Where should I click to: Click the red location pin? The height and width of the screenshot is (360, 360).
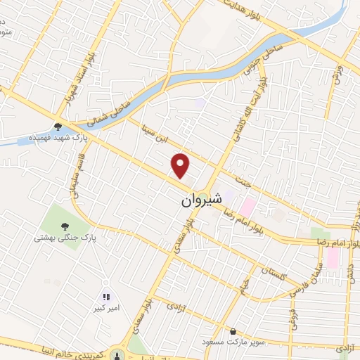(x=181, y=166)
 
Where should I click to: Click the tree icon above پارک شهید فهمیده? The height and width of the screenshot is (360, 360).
(x=58, y=127)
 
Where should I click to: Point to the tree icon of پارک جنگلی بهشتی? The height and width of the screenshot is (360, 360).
(x=65, y=226)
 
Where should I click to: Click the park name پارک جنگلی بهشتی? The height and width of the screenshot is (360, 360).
(x=64, y=238)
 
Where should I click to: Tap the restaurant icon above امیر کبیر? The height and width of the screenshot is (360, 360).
(x=107, y=298)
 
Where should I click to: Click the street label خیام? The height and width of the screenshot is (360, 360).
(x=245, y=284)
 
